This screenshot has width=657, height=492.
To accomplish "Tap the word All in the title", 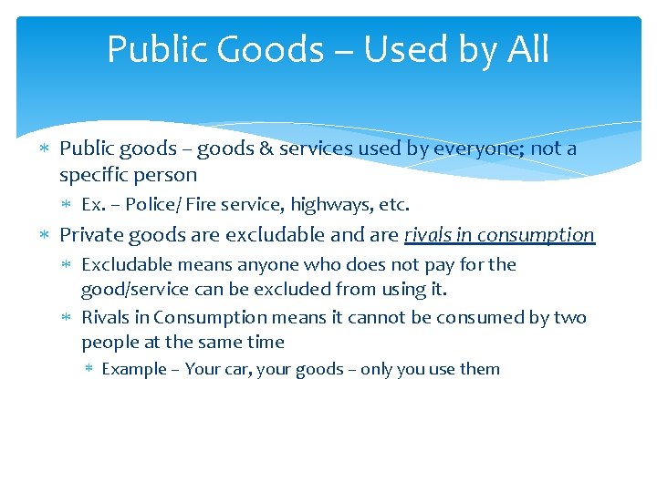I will coord(527,49).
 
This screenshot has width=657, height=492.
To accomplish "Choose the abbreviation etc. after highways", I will coord(396,205).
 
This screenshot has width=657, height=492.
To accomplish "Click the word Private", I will coord(91,235).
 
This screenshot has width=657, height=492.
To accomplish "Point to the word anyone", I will coord(265,265).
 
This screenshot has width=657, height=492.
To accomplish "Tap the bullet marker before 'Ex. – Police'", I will coord(69,205).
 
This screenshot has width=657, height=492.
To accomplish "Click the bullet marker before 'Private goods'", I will coord(47,235).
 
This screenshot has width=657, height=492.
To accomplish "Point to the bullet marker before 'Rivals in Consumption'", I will coord(69,317).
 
